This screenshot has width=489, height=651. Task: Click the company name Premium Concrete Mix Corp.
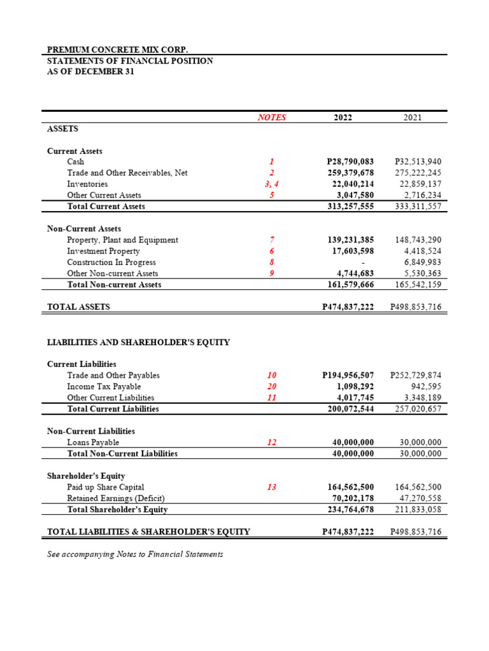[118, 50]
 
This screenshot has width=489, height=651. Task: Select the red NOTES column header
[271, 118]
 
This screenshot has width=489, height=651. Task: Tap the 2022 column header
[342, 118]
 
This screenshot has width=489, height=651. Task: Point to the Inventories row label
[87, 184]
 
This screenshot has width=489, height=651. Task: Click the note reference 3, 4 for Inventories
[271, 184]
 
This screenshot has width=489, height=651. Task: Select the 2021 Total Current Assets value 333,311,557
[413, 207]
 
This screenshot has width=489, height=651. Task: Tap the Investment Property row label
[103, 251]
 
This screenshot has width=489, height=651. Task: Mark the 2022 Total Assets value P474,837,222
[348, 307]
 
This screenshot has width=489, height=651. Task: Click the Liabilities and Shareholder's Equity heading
[138, 343]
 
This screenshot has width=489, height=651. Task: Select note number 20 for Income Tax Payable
[271, 387]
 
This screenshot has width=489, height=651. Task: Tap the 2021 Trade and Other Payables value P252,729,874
[415, 376]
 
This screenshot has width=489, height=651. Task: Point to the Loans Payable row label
[93, 442]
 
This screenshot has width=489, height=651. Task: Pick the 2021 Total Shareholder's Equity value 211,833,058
[413, 510]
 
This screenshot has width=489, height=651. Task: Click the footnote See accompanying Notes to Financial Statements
[135, 554]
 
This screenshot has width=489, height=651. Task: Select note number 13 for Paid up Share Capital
[271, 487]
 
